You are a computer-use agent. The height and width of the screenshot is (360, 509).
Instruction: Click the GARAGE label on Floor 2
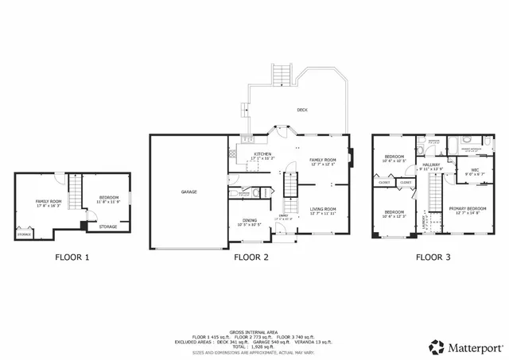pyautogui.click(x=188, y=192)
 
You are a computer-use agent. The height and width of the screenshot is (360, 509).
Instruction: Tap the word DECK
pyautogui.click(x=302, y=110)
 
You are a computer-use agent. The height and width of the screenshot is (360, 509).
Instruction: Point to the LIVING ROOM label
pyautogui.click(x=323, y=211)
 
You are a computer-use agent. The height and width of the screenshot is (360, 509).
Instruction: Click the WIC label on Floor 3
pyautogui.click(x=474, y=171)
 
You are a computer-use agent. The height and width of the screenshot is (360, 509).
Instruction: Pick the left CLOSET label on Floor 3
pyautogui.click(x=384, y=183)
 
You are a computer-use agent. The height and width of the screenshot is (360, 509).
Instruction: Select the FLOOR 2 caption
pyautogui.click(x=251, y=257)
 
